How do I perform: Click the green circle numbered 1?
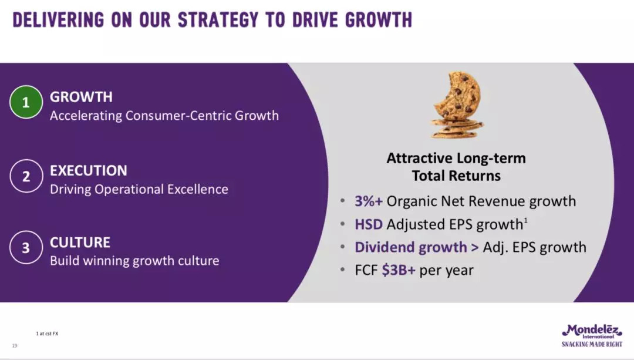tap(26, 102)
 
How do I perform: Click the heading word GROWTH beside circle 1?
tap(81, 97)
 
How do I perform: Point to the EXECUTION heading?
tap(89, 171)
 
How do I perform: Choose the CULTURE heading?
tap(80, 243)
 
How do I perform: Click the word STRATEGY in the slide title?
tap(218, 20)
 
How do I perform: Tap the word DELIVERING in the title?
tap(58, 20)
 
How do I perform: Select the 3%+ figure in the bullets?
tap(368, 201)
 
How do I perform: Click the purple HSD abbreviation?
tap(368, 224)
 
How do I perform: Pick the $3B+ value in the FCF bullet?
tap(399, 270)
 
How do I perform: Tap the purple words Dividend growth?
tap(411, 247)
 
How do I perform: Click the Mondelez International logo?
tap(592, 332)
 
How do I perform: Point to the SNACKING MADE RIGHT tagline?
tap(592, 344)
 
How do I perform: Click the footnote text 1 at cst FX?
tap(48, 334)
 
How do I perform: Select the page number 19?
tap(15, 345)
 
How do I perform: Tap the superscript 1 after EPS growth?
tap(525, 220)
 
